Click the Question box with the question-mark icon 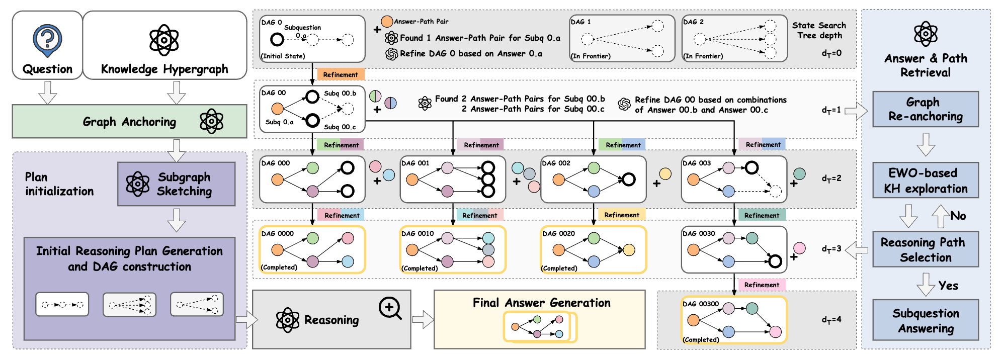tap(47, 45)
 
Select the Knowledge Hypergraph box tap(164, 45)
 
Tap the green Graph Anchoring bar tap(129, 121)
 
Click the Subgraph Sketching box tap(176, 184)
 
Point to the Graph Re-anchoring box tap(925, 109)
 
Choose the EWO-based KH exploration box tap(925, 181)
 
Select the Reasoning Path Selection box tap(925, 249)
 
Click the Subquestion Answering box tap(925, 320)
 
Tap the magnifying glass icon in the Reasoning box tap(390, 308)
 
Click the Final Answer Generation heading tap(541, 303)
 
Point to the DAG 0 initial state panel tap(312, 39)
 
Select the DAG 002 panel tap(593, 179)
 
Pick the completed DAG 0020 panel tap(593, 250)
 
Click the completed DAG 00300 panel tap(734, 320)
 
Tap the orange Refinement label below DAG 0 tap(341, 74)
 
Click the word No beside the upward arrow tap(958, 216)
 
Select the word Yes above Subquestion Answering tap(948, 286)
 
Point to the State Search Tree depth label tap(819, 30)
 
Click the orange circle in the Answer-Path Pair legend tap(387, 22)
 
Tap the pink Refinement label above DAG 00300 tap(762, 285)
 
